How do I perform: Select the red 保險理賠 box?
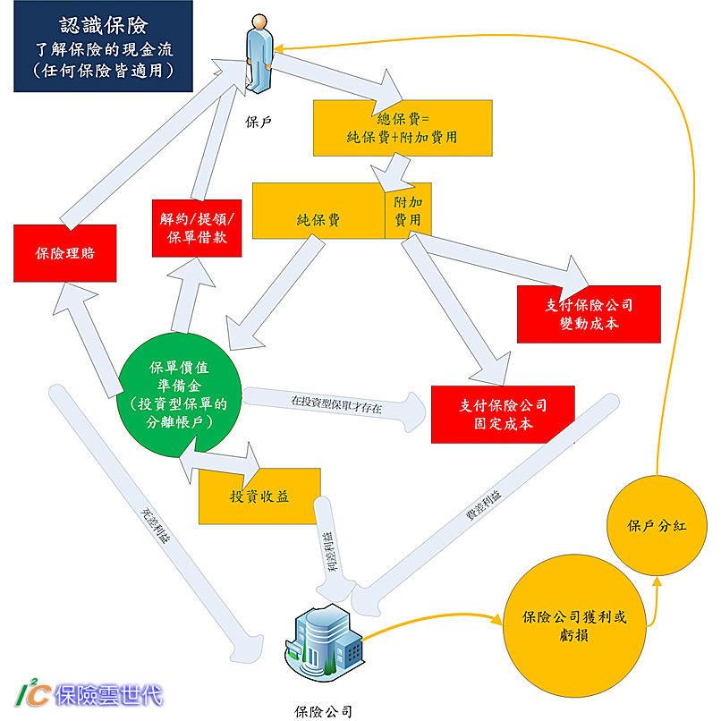[65, 253]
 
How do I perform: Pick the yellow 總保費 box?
[402, 128]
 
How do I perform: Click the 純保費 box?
[318, 211]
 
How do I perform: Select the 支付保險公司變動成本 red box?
[588, 314]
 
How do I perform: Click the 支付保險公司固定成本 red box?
[503, 414]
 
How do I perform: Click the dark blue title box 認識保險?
[102, 47]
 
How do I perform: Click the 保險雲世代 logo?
[89, 694]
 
